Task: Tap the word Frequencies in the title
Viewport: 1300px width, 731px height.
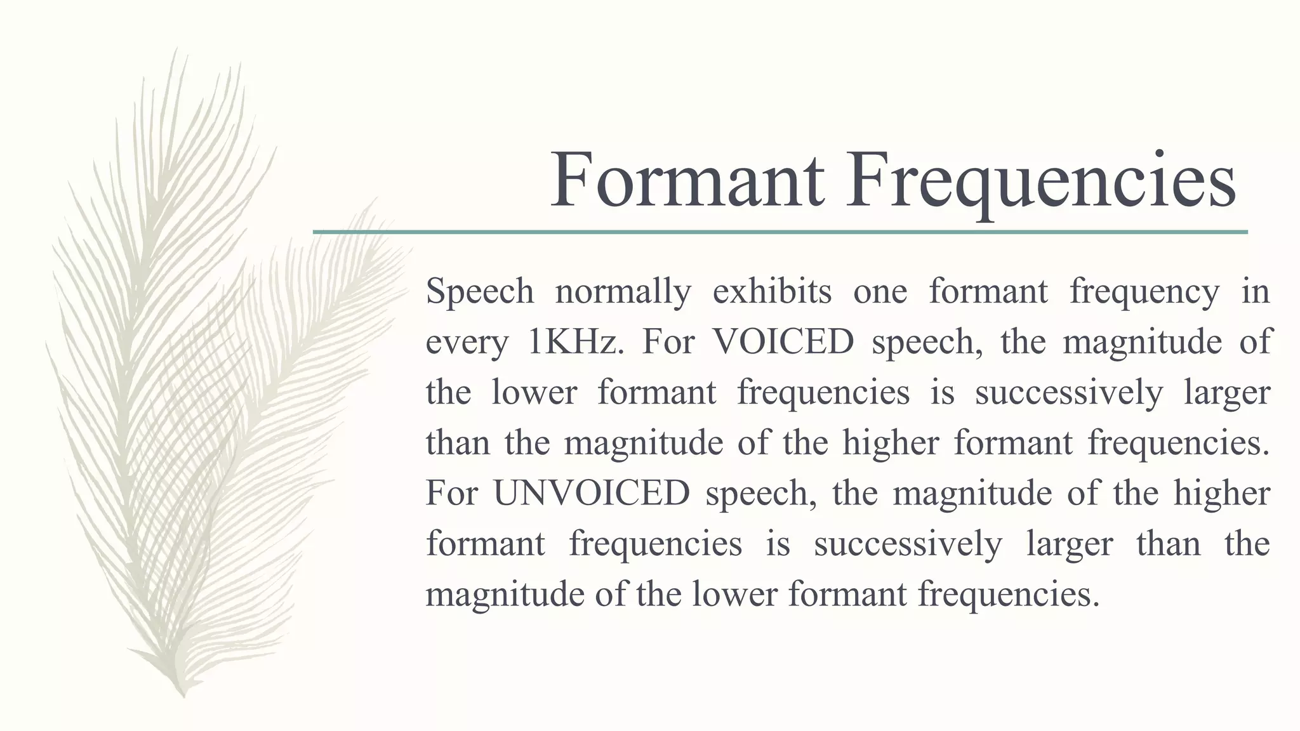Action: tap(1040, 181)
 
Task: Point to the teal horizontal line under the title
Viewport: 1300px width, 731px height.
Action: tap(780, 232)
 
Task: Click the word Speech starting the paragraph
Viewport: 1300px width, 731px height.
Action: tap(480, 292)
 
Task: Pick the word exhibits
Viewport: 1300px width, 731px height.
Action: tap(772, 292)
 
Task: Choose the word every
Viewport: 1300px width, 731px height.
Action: tap(467, 343)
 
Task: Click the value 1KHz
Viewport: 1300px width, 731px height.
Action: tap(573, 342)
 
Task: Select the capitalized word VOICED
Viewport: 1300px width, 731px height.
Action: tap(783, 342)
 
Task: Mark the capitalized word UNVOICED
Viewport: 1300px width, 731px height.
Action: tap(592, 493)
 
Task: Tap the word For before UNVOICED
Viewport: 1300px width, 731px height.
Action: tap(451, 493)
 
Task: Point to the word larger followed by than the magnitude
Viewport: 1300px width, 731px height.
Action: tap(1069, 544)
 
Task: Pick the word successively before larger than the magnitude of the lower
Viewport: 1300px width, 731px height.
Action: tap(908, 544)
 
